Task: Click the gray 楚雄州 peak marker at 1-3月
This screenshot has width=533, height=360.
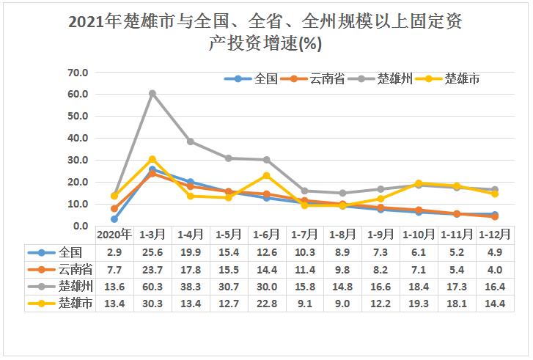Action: pos(152,93)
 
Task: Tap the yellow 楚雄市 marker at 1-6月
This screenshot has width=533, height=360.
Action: pos(266,175)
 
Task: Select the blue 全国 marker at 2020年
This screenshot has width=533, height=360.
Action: pos(114,219)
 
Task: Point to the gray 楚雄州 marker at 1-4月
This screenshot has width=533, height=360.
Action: pos(190,142)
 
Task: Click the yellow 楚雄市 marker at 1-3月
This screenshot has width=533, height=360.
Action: pos(152,159)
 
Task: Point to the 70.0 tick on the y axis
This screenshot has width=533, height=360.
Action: pos(77,73)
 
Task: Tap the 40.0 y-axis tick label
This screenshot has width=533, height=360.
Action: pos(77,138)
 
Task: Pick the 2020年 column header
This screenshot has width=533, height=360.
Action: pos(114,235)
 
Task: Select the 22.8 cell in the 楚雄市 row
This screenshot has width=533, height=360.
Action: pos(266,303)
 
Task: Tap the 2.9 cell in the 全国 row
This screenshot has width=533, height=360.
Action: pos(114,251)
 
